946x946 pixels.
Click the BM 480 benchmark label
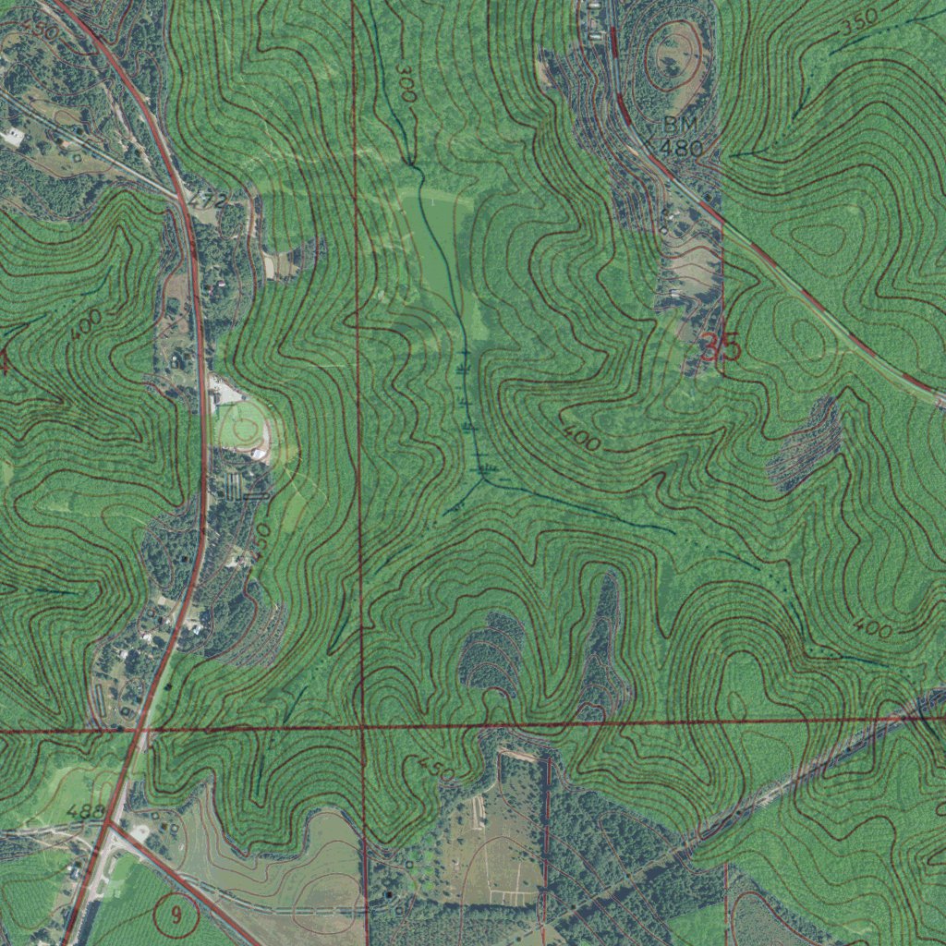pos(682,136)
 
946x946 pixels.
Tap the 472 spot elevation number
pos(206,199)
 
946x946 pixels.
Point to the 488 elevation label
pos(87,810)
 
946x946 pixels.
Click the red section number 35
pos(720,347)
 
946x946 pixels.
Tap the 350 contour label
pos(858,25)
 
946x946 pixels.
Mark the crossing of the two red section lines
pos(361,726)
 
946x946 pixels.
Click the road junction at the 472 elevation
pos(181,196)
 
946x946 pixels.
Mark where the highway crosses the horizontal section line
pos(139,729)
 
